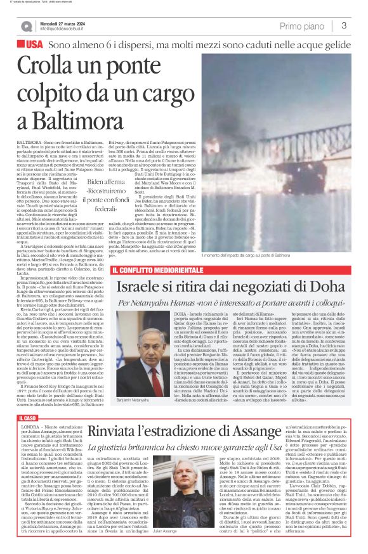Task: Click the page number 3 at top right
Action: pyautogui.click(x=343, y=26)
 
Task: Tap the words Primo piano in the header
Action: pyautogui.click(x=302, y=26)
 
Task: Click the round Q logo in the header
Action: pyautogui.click(x=26, y=27)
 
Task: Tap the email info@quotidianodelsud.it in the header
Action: pyautogui.click(x=68, y=29)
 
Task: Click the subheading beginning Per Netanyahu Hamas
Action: pyautogui.click(x=229, y=304)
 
